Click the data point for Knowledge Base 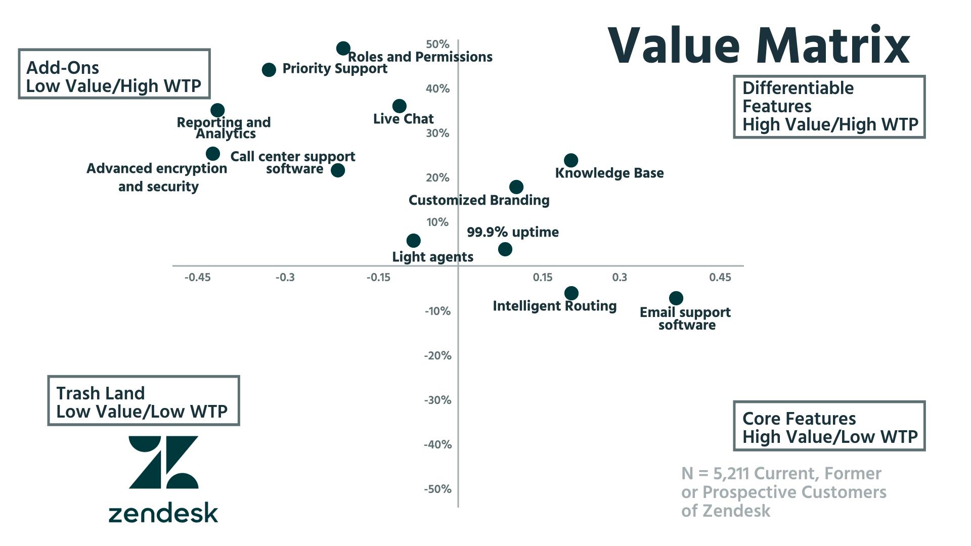[570, 160]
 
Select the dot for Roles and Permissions [343, 49]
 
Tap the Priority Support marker [269, 70]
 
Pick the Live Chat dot [399, 106]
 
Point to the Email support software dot [676, 298]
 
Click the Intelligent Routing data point [571, 293]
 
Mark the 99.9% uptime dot [505, 249]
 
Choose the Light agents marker [413, 240]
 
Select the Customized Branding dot [516, 187]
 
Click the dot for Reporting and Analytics [217, 110]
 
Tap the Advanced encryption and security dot [213, 154]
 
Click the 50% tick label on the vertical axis [437, 44]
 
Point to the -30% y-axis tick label [437, 400]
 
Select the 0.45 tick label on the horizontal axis [720, 277]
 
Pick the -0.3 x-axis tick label [285, 277]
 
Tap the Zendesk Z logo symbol [163, 462]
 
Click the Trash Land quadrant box [143, 400]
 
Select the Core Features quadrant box [829, 426]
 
